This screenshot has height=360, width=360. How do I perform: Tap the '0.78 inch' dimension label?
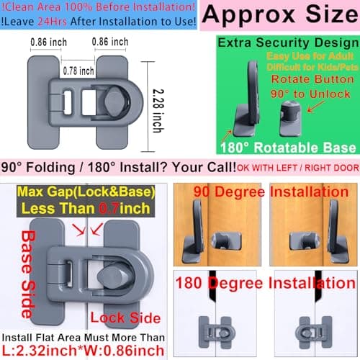(x=78, y=70)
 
